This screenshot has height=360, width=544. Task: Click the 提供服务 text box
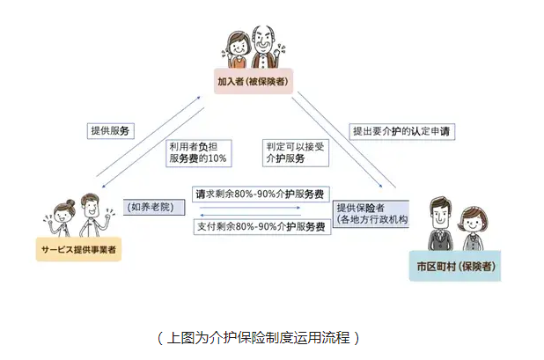pos(110,130)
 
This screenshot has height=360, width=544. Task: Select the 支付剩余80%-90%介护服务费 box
pos(261,227)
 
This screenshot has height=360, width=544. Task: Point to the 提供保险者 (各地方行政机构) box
pos(368,208)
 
